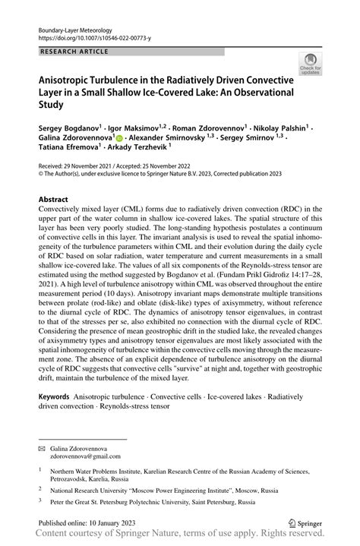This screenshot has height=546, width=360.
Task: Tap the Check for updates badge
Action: click(x=311, y=65)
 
